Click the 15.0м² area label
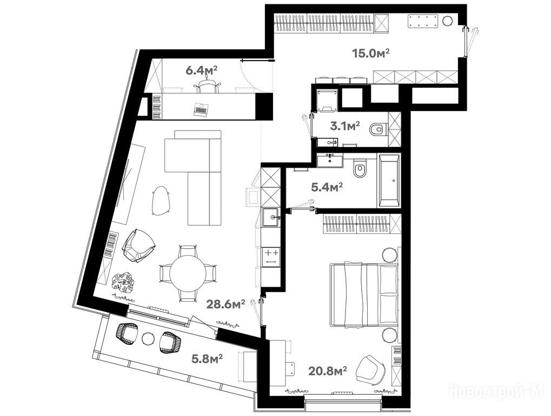pyautogui.click(x=371, y=53)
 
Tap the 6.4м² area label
pyautogui.click(x=201, y=71)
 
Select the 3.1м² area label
pyautogui.click(x=345, y=126)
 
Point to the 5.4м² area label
pyautogui.click(x=327, y=187)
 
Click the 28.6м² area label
pyautogui.click(x=225, y=304)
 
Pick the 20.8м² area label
pyautogui.click(x=328, y=371)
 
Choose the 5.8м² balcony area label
pyautogui.click(x=207, y=359)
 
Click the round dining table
pyautogui.click(x=188, y=273)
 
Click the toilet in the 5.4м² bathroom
pyautogui.click(x=360, y=169)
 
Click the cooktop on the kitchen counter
pyautogui.click(x=270, y=257)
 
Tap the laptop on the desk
pyautogui.click(x=201, y=109)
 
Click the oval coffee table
pyautogui.click(x=161, y=200)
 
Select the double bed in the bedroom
pyautogui.click(x=364, y=295)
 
